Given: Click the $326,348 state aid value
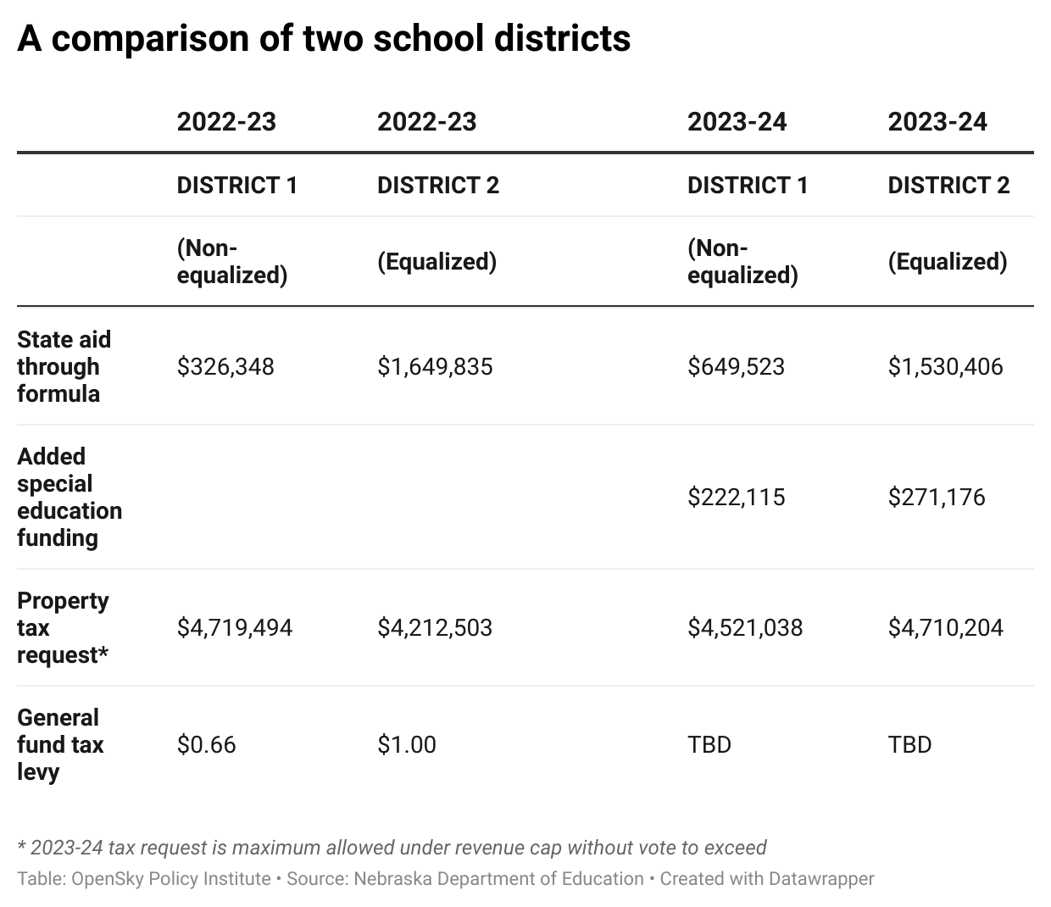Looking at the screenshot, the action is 225,366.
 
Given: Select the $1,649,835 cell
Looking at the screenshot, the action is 435,366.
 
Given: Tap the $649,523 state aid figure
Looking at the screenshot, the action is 737,366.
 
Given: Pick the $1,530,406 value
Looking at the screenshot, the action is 945,366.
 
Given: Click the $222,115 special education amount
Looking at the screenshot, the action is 737,497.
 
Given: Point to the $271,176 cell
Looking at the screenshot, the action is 937,497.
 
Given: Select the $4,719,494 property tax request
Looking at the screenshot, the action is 235,627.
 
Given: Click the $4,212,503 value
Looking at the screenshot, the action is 435,627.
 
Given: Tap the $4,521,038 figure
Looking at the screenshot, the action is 745,627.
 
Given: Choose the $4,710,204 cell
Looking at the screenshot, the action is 945,627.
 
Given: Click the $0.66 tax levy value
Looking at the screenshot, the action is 207,744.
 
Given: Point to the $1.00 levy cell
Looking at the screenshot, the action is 407,744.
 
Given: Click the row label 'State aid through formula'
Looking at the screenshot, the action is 64,366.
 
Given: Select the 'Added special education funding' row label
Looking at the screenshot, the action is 70,498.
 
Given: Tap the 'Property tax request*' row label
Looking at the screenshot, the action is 63,627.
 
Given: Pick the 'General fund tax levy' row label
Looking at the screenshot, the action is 60,745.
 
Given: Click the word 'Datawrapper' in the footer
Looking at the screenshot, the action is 821,878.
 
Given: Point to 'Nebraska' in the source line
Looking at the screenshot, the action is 392,878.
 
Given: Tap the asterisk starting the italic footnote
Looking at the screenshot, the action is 21,845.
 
